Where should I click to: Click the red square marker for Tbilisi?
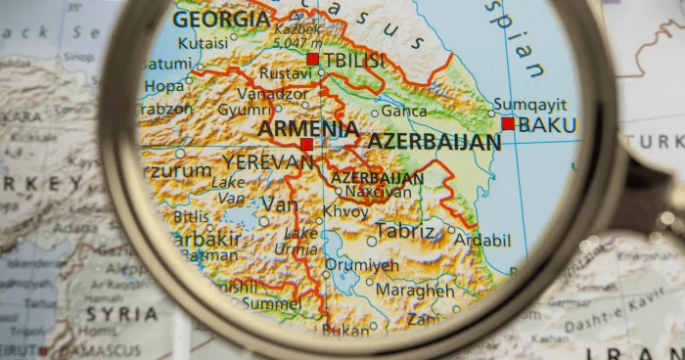[x=312, y=60]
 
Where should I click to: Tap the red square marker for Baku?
[x=508, y=124]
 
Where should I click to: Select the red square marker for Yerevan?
[x=306, y=145]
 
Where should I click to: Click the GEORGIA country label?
[x=222, y=21]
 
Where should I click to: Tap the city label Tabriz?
[x=404, y=232]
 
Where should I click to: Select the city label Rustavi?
[x=286, y=73]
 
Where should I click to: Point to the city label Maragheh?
[x=415, y=291]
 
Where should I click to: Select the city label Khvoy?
[x=346, y=210]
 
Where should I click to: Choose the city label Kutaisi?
[x=204, y=43]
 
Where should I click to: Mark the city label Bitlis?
[x=192, y=217]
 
